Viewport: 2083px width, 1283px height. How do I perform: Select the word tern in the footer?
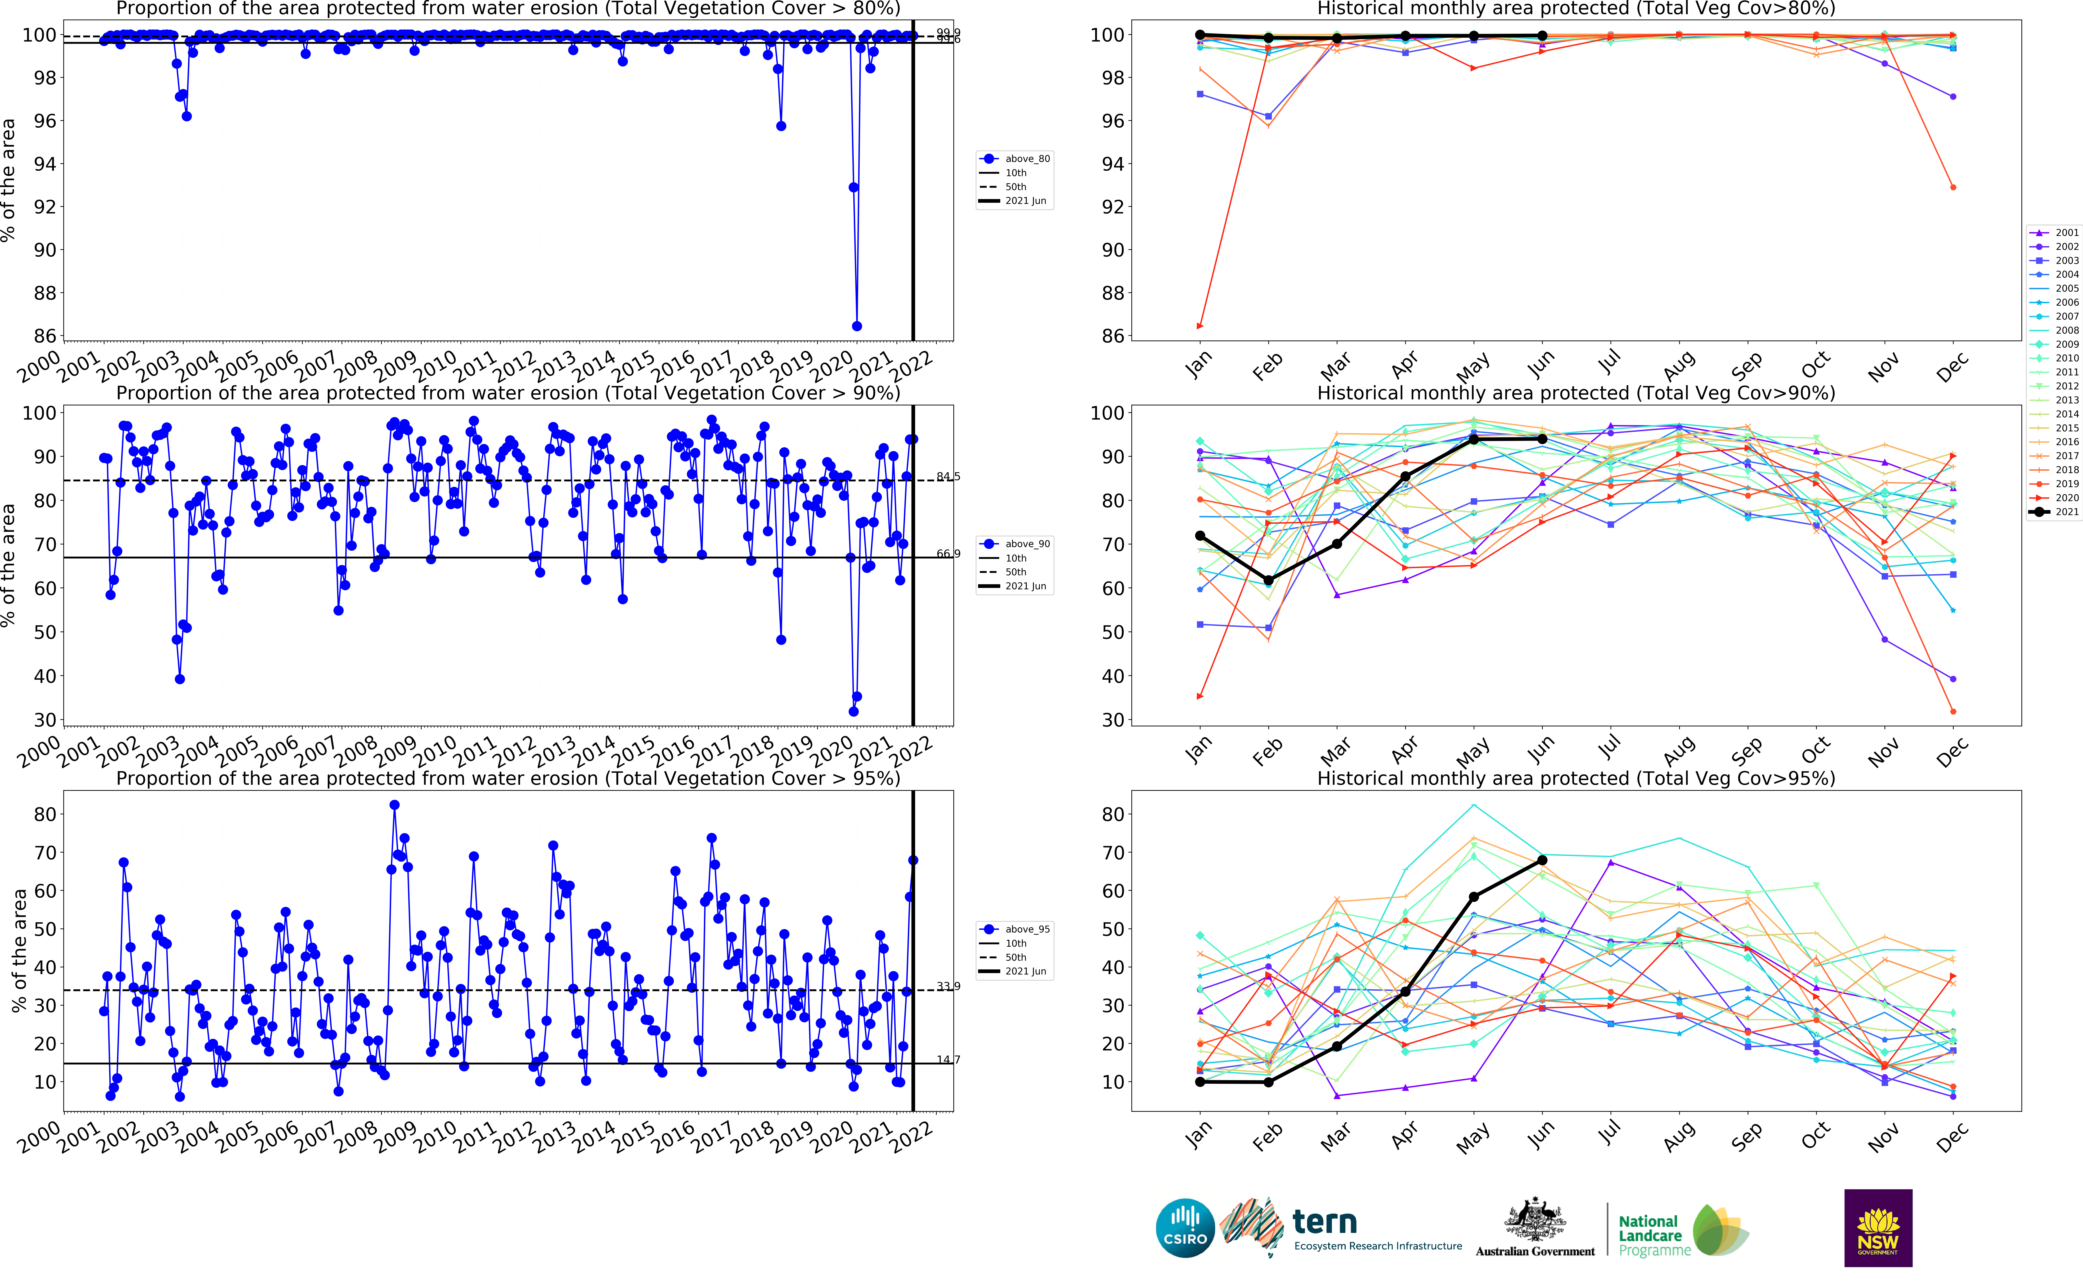click(x=1324, y=1222)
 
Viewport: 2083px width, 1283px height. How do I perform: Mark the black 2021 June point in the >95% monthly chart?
click(x=1542, y=861)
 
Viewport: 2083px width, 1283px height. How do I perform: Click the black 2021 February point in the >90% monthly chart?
click(x=1268, y=580)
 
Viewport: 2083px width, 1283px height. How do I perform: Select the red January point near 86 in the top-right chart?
click(x=1199, y=326)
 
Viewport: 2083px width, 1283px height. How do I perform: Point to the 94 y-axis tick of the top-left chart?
click(x=44, y=164)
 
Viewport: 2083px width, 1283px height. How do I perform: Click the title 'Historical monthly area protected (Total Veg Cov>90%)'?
click(x=1575, y=393)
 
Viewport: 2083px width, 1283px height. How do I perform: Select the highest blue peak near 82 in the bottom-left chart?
click(x=394, y=805)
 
